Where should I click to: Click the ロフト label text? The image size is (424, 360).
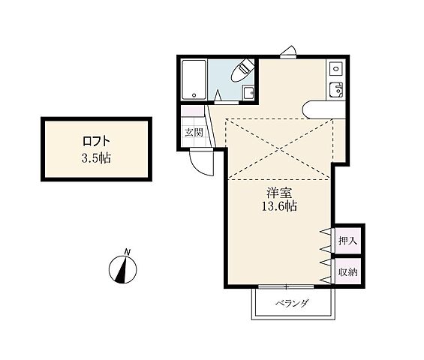point(97,140)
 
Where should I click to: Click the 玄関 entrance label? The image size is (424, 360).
point(194,133)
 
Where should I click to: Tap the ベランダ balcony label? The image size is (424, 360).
point(291,304)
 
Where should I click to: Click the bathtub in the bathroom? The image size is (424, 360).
point(194,80)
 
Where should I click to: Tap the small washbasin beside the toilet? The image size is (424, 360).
point(248,92)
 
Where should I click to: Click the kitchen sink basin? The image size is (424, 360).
point(336,91)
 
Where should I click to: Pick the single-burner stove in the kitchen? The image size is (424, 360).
point(336,69)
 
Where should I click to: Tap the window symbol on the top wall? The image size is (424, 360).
point(289,52)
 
